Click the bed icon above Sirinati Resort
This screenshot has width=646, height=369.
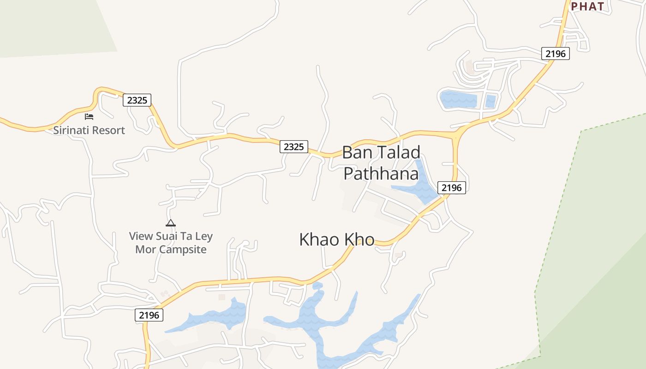pos(89,117)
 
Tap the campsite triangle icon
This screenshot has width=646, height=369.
pos(171,223)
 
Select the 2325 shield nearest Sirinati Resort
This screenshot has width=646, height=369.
pos(137,100)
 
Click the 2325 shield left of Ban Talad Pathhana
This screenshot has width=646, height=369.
pos(293,147)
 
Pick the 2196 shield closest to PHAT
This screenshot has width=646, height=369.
pos(555,54)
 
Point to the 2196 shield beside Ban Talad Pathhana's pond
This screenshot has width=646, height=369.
pos(451,188)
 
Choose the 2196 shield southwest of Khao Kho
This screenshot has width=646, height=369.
pos(149,315)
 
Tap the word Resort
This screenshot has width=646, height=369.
pos(109,131)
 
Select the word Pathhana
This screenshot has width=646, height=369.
pos(381,174)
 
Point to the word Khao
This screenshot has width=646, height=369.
pos(320,240)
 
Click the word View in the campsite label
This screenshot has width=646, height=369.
pos(140,237)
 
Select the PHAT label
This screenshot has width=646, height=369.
pos(587,6)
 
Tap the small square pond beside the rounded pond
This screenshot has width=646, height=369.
pos(490,101)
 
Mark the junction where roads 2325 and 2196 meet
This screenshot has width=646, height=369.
pos(457,135)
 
